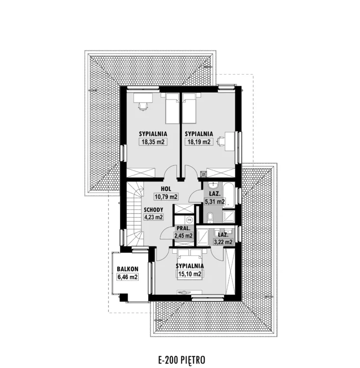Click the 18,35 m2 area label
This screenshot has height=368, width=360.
coord(153,142)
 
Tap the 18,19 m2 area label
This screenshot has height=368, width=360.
coord(199,142)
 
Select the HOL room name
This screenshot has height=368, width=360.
coord(166,189)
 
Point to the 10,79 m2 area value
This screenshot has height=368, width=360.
coord(166,197)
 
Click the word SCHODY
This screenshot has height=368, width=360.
coord(154,210)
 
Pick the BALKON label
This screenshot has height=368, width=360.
coord(128,269)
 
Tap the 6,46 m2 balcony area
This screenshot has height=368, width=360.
coord(128,277)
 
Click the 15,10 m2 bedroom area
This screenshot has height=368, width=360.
coord(189,274)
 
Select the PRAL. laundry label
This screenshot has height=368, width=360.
coord(183,228)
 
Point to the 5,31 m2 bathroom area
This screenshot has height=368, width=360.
coord(215,201)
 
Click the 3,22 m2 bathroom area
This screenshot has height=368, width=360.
coord(223,242)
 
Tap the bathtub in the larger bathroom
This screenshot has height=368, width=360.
coord(229,195)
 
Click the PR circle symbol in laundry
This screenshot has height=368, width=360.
coord(189,220)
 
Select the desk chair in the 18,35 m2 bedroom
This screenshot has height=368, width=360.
coord(143,106)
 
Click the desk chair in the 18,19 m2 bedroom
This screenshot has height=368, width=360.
coord(220,141)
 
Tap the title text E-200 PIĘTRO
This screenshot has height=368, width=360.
coord(181,360)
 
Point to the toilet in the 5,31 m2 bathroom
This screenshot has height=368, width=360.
coord(210,217)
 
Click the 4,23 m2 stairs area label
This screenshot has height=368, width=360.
coord(154,217)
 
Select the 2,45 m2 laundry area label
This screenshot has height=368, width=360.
coord(183,236)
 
